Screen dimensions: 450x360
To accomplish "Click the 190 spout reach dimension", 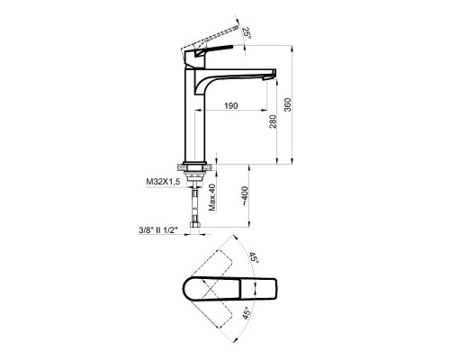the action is (x=231, y=105).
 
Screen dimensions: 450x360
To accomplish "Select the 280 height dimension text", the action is (x=273, y=121).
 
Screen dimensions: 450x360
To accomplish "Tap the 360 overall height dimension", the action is (x=288, y=104).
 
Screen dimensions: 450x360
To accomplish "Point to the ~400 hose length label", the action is (x=245, y=196).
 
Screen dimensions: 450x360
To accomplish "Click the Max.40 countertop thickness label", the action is (x=212, y=197).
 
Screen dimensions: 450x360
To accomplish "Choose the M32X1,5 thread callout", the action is (x=163, y=182).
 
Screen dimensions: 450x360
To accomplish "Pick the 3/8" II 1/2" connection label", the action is (x=158, y=230).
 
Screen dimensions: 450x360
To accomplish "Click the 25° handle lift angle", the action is (x=247, y=32).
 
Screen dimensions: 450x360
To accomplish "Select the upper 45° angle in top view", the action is (x=254, y=258).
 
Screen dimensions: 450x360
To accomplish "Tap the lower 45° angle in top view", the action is (x=247, y=313).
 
